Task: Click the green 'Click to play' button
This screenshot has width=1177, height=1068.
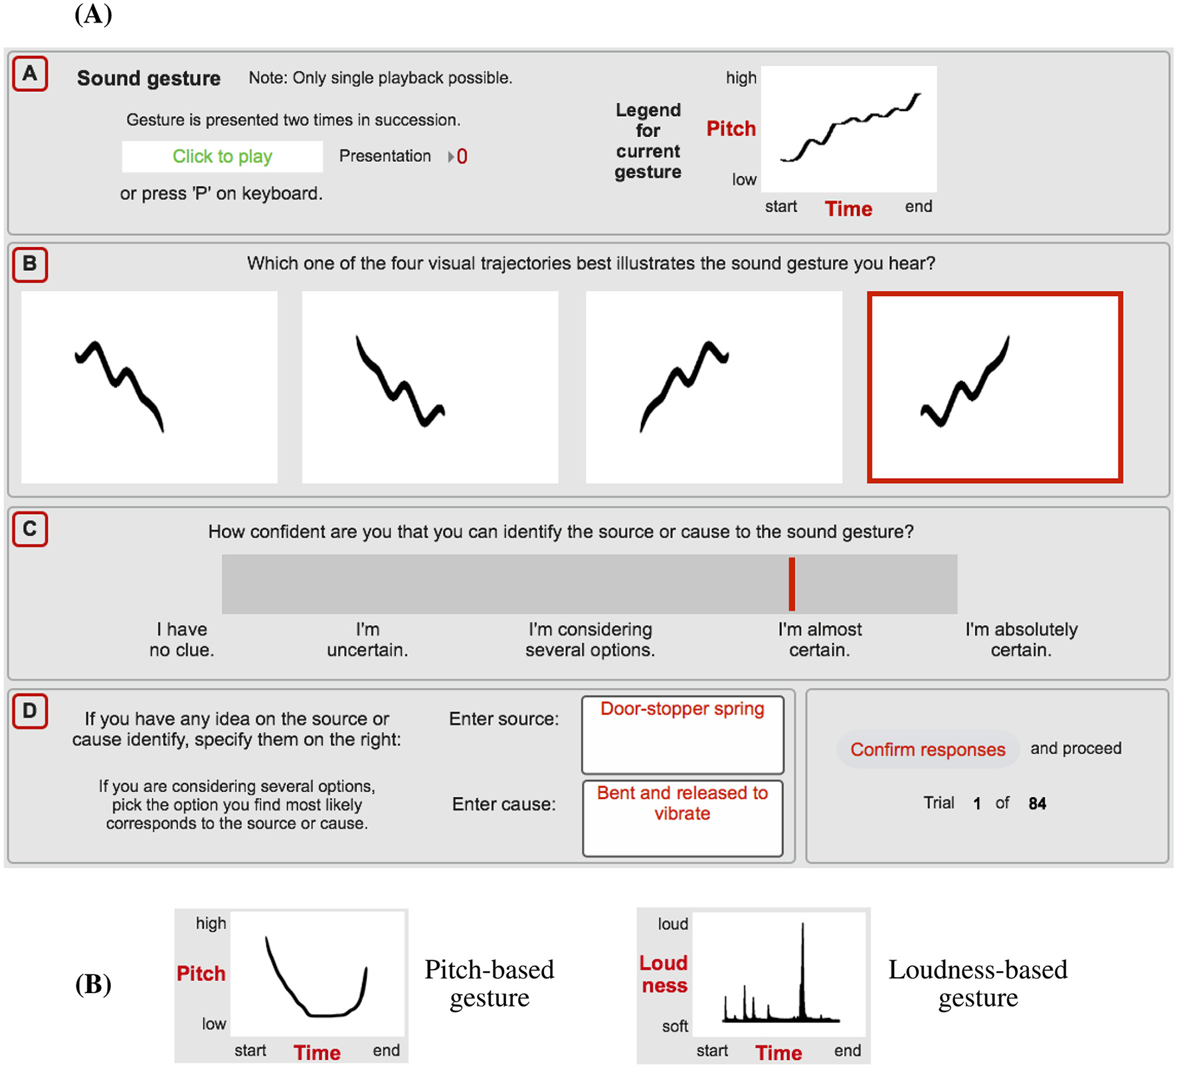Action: coord(222,157)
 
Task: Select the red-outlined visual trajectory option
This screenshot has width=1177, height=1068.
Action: coord(994,387)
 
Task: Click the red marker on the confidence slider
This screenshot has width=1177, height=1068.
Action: coord(792,584)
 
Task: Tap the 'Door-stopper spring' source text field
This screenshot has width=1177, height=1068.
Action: coord(682,734)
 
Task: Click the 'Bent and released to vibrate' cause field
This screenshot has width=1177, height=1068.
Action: coord(682,818)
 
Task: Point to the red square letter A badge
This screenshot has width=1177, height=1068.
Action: coord(30,74)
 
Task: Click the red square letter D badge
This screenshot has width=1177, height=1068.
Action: coord(30,711)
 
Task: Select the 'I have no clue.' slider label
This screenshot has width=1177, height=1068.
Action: coord(181,640)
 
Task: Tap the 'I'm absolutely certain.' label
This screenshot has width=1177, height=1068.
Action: coord(1021,640)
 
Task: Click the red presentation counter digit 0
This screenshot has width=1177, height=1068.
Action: coord(462,157)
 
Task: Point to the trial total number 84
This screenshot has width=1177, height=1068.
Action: coord(1037,804)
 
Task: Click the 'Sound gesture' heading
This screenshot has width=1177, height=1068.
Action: coord(149,78)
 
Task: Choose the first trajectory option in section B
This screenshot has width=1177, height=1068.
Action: coord(149,387)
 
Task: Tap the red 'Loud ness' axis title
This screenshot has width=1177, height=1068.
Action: coord(664,974)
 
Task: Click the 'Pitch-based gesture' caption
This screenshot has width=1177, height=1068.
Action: coord(490,984)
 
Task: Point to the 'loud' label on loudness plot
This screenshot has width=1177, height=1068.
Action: coord(673,924)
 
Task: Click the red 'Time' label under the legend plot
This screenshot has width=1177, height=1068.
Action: coord(848,209)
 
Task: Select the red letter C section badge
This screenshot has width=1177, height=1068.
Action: coord(30,529)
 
